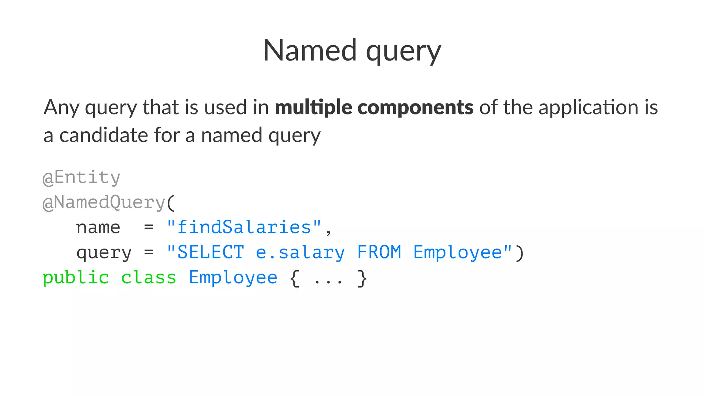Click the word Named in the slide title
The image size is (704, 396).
[310, 51]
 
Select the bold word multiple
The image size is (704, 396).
[313, 107]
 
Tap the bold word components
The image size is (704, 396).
[415, 107]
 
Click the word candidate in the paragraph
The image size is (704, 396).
[103, 135]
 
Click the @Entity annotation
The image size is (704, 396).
[81, 177]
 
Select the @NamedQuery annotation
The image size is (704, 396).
[104, 202]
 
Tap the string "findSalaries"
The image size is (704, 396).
[244, 227]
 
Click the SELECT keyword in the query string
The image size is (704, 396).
[210, 252]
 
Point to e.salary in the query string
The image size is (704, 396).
[300, 252]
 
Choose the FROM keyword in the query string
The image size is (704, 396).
[379, 252]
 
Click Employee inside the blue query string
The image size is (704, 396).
[458, 252]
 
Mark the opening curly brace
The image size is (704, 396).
[295, 278]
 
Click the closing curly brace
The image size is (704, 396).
[362, 278]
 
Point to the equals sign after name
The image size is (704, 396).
[149, 227]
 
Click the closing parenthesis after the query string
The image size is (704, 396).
[519, 253]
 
